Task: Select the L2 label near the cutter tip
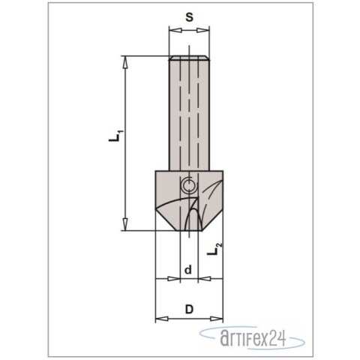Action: click(x=214, y=247)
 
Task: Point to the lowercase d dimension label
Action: click(x=189, y=268)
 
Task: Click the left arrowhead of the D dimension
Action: click(x=157, y=318)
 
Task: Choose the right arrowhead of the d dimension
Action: click(x=202, y=279)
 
